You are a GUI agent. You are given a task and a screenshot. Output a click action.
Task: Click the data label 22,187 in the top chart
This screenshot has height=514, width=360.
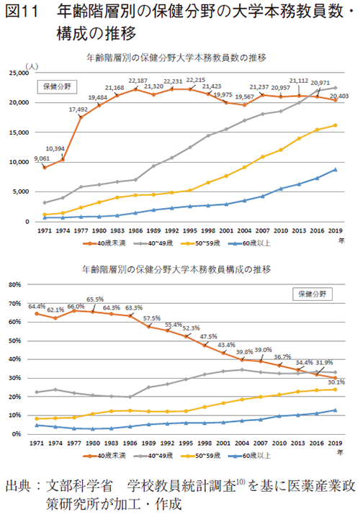point(138,80)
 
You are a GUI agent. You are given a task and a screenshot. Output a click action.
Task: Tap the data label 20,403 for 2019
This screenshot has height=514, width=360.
point(338,95)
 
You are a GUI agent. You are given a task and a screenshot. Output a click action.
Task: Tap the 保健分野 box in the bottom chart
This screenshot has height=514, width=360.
point(312,294)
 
